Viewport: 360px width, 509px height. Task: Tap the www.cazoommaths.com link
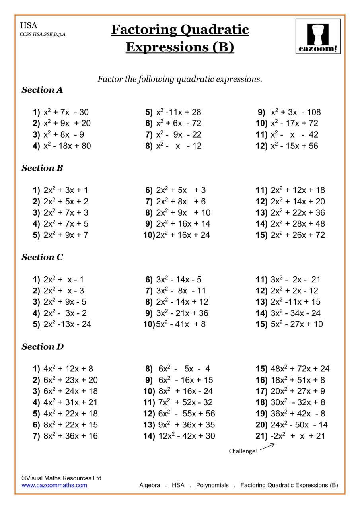click(x=54, y=485)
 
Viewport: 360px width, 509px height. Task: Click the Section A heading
click(x=42, y=90)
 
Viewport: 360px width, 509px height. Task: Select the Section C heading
click(x=42, y=257)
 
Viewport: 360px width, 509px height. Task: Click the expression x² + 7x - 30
click(x=66, y=112)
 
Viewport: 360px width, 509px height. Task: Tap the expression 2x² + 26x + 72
click(x=298, y=235)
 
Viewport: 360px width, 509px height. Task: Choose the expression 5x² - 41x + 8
click(x=181, y=324)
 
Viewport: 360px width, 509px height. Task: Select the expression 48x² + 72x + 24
click(x=300, y=369)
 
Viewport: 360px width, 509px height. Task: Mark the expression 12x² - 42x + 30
click(x=187, y=436)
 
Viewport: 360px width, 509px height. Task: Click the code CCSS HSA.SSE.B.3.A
click(x=43, y=34)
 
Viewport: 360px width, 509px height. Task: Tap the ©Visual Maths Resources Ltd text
click(x=61, y=478)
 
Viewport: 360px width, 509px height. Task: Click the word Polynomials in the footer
click(x=212, y=485)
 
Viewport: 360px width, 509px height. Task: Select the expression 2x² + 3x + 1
click(x=66, y=190)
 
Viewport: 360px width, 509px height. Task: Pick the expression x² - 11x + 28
click(x=179, y=112)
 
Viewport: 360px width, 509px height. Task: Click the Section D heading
click(x=43, y=347)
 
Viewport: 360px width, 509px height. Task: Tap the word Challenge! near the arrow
click(x=243, y=451)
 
